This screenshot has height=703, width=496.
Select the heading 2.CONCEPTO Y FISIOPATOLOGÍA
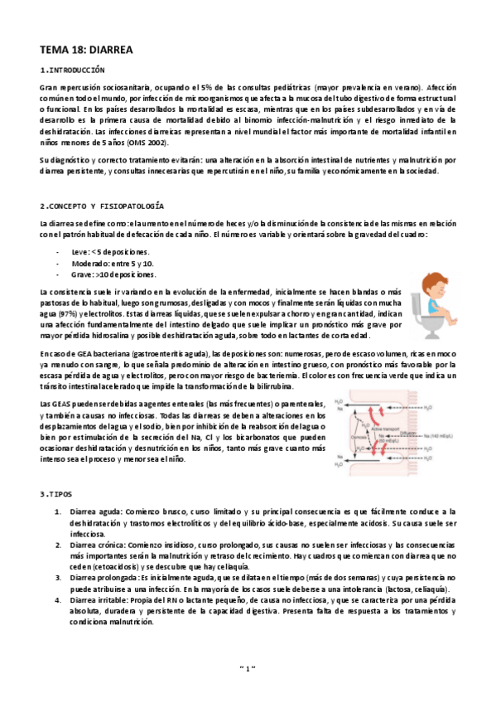tap(102, 205)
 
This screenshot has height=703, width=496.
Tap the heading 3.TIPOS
tap(56, 494)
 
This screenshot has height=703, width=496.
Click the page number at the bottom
tap(248, 666)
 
